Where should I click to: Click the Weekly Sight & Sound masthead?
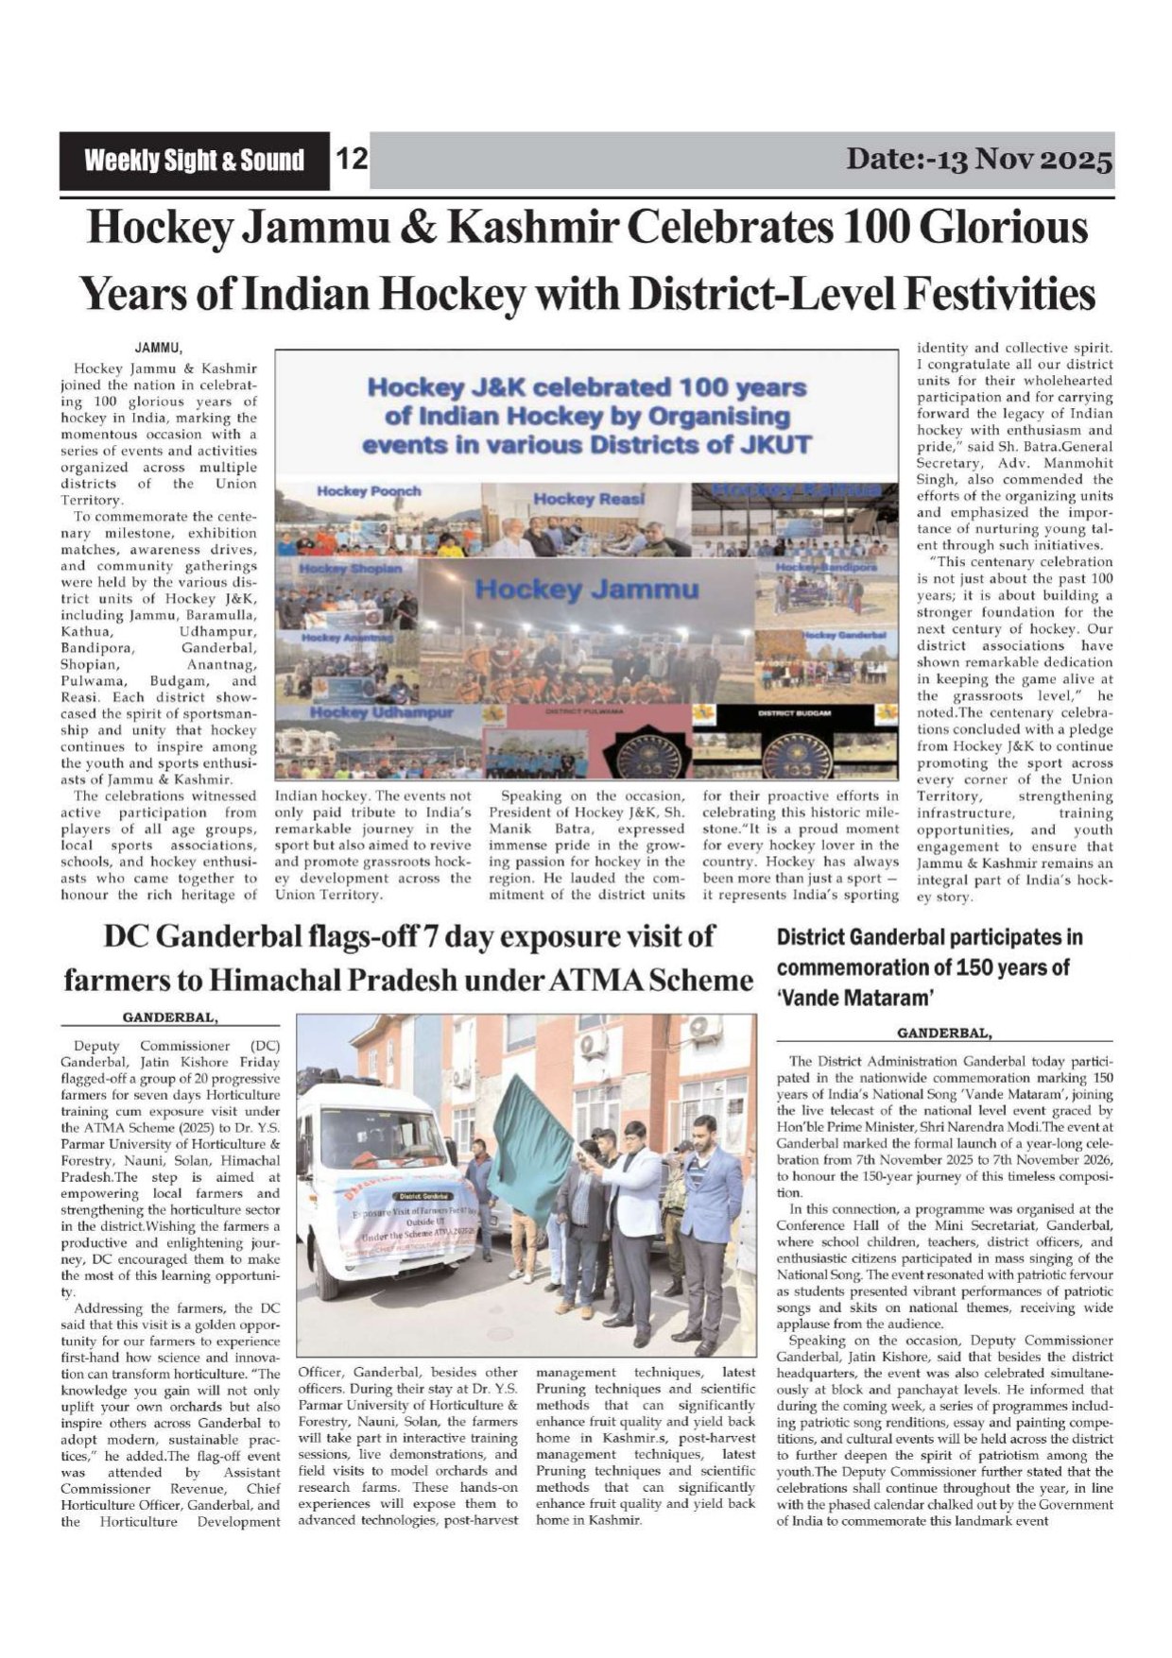tap(194, 160)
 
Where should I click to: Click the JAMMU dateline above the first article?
tap(158, 350)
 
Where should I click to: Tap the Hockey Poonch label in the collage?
tap(369, 491)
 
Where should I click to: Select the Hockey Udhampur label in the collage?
tap(383, 711)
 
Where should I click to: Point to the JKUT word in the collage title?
tap(774, 444)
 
